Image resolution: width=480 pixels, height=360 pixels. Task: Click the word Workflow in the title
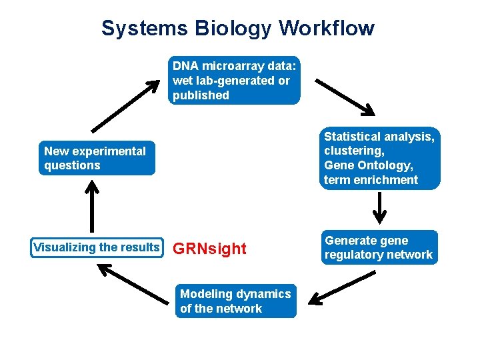[327, 29]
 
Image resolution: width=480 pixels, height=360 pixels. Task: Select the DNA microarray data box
[234, 81]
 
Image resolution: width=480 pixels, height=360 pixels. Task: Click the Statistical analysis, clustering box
[379, 158]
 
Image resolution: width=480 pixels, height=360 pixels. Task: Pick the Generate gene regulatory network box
[379, 247]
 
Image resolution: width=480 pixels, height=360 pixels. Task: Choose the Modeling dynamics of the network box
[235, 301]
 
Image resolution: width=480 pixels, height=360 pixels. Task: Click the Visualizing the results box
[97, 247]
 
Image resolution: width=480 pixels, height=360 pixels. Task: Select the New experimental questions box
[96, 158]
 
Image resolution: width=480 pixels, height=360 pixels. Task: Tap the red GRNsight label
[209, 249]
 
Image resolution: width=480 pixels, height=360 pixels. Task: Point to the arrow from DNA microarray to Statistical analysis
[345, 97]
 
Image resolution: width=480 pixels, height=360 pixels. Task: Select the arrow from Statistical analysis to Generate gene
[379, 209]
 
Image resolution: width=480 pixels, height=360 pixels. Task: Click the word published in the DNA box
[201, 95]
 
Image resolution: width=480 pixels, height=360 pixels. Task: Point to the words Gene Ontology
[368, 165]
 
